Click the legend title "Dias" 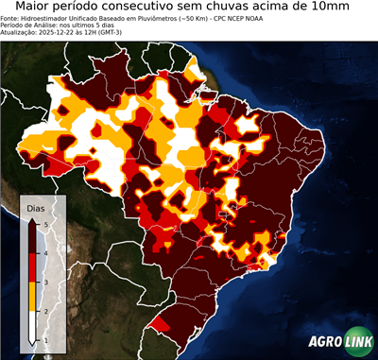[x=35, y=207]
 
